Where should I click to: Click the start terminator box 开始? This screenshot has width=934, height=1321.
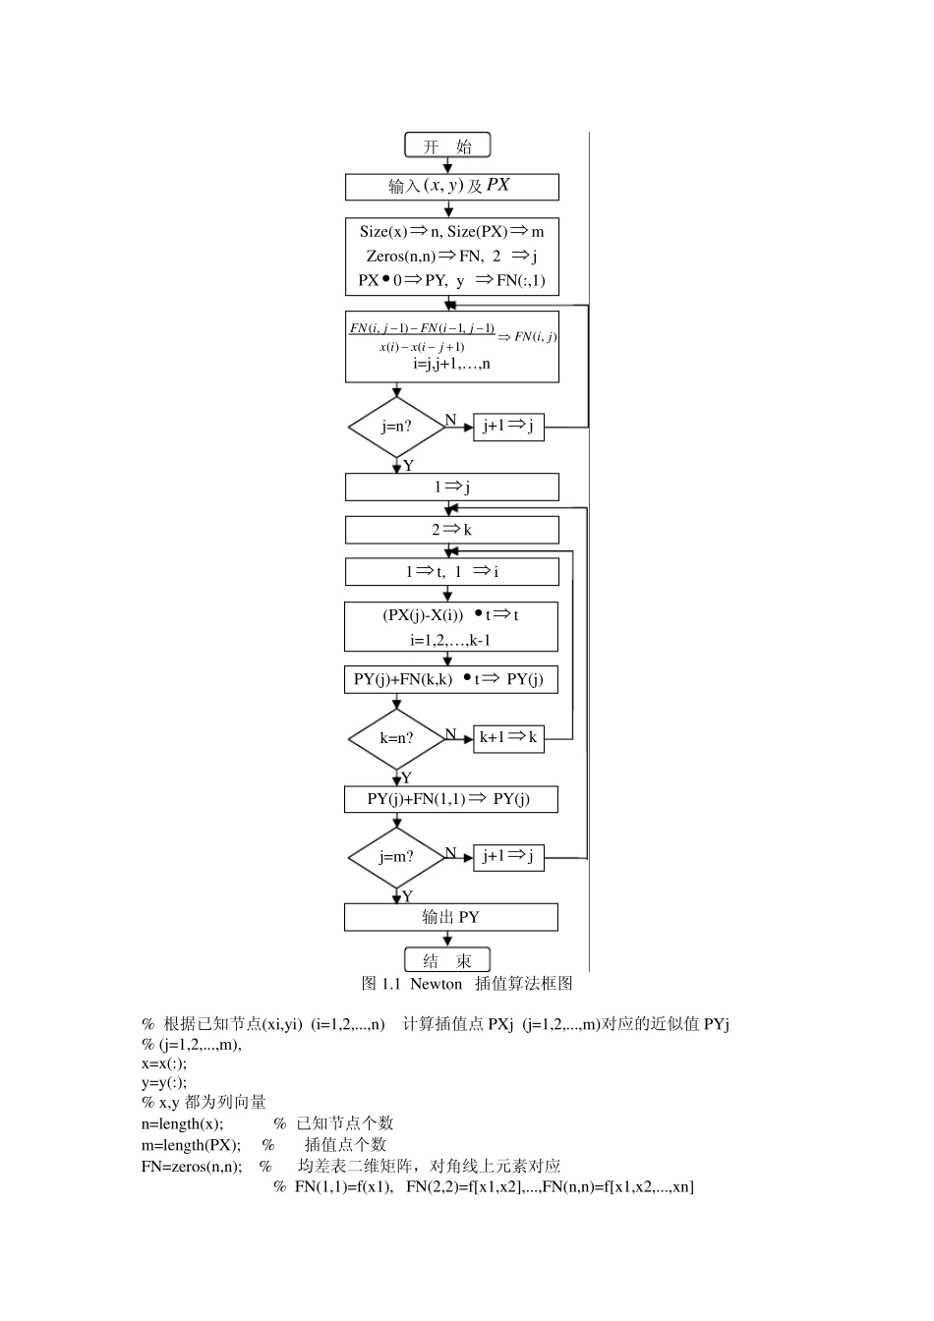tap(447, 146)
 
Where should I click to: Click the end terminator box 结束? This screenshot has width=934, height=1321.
tap(447, 960)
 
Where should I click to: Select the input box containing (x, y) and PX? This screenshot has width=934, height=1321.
tap(451, 187)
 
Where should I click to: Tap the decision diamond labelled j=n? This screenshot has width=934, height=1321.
tap(397, 428)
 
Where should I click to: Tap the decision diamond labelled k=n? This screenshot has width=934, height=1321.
tap(397, 738)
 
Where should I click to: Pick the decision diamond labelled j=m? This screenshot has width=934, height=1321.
tap(397, 857)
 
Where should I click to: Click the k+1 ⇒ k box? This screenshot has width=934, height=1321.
tap(508, 738)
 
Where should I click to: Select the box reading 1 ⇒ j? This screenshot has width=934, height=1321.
tap(451, 487)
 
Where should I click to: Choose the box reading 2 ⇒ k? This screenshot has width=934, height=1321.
tap(451, 530)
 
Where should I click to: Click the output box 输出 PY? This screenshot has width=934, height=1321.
tap(450, 917)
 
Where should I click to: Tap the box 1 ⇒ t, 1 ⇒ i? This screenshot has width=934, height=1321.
tap(451, 572)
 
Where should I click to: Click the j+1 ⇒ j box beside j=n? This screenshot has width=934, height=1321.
tap(508, 427)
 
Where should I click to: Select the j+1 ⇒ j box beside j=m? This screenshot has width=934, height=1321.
tap(508, 856)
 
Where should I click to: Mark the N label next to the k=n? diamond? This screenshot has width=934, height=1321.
tap(450, 734)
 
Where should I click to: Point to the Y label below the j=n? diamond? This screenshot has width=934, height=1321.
tap(408, 466)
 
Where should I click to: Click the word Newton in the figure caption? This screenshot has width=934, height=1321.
tap(436, 984)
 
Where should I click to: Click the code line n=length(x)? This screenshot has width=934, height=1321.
tap(183, 1123)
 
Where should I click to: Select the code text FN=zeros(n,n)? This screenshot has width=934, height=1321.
tap(192, 1167)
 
